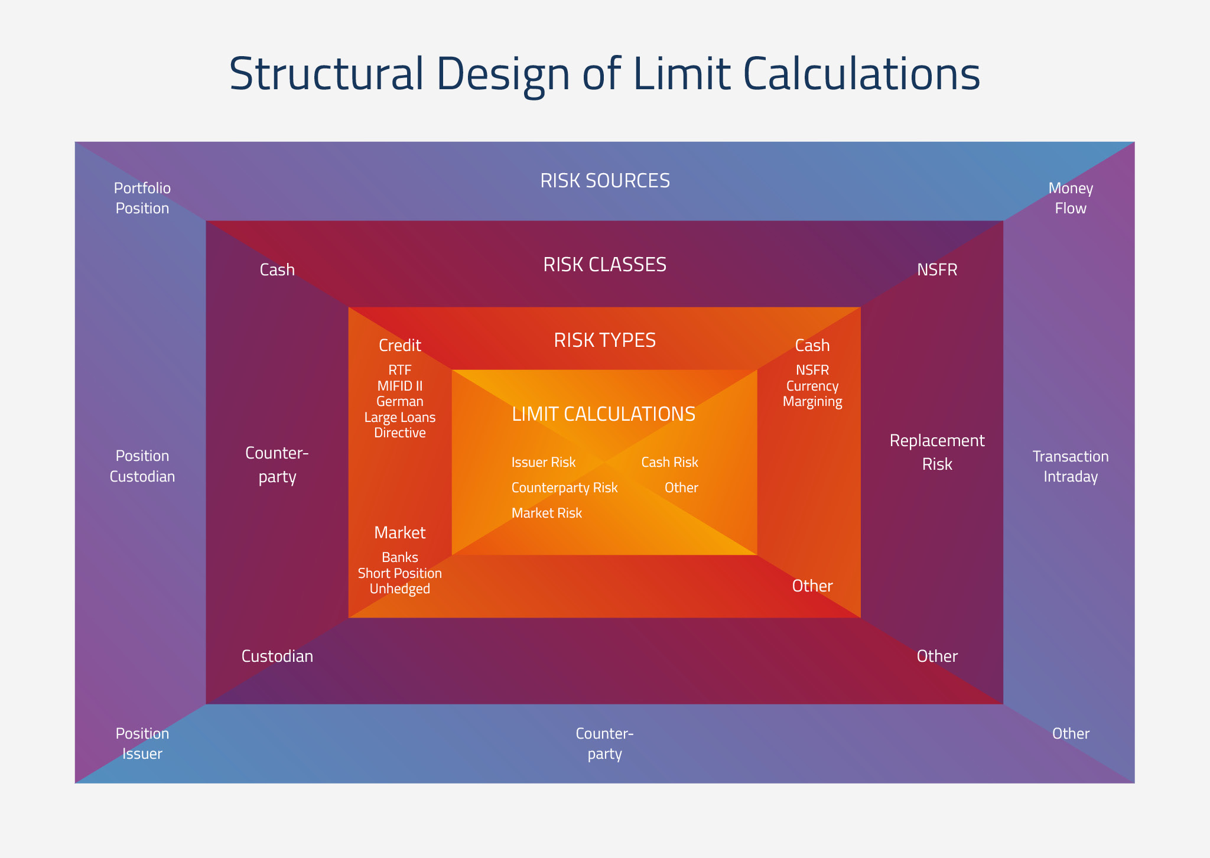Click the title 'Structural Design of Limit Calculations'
(604, 74)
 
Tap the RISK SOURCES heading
(605, 181)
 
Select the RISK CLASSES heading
(605, 265)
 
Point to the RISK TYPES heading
(605, 340)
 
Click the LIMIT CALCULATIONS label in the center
(604, 414)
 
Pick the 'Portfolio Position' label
(142, 198)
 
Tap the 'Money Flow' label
(1071, 198)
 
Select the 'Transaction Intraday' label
(1071, 466)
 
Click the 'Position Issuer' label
(142, 743)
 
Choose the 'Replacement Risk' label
(937, 452)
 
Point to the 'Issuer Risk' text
(544, 462)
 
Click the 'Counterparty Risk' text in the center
(564, 487)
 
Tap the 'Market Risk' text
(547, 513)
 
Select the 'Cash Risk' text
(670, 462)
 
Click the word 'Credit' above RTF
(400, 345)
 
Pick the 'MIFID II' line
(400, 386)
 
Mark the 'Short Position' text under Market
(400, 573)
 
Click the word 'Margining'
(812, 402)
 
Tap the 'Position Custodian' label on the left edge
(142, 466)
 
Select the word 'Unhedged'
(400, 589)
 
